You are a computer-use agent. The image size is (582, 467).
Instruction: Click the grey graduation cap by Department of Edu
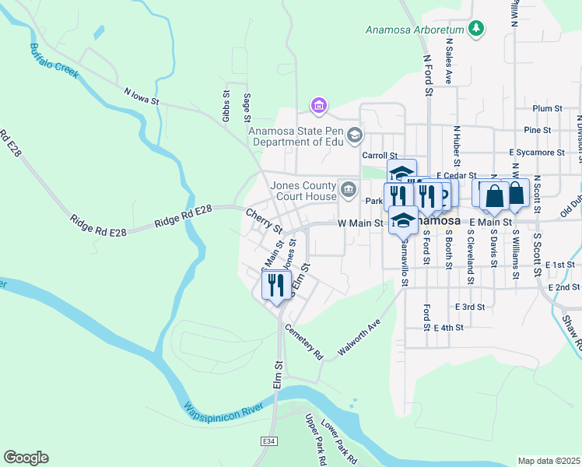[355, 136]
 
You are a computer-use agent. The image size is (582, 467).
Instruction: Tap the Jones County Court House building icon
[348, 187]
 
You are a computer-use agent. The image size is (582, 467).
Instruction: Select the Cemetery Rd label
[303, 342]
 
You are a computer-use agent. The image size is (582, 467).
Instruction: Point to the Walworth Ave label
[359, 339]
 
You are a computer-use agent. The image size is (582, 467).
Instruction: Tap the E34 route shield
[268, 441]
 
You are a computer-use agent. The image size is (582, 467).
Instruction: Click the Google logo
[26, 458]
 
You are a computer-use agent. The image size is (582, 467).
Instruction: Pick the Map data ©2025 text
[549, 461]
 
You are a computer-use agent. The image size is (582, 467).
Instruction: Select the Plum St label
[548, 109]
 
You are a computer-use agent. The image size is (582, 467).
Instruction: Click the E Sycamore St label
[537, 153]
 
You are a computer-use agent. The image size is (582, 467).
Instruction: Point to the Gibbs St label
[226, 106]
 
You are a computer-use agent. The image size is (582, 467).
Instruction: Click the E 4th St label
[448, 328]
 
